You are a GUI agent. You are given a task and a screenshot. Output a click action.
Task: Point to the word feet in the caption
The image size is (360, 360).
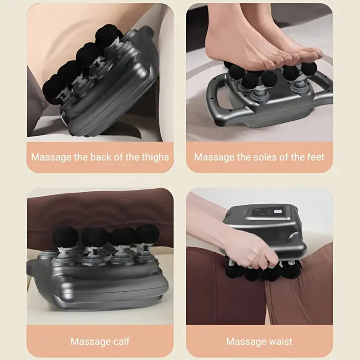click(x=315, y=157)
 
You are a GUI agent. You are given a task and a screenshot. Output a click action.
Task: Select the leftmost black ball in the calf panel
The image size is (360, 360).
click(x=65, y=238)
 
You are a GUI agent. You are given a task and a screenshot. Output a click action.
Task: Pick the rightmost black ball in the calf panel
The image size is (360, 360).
click(x=147, y=234)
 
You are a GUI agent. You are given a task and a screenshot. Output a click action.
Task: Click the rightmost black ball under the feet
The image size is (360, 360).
click(x=309, y=68)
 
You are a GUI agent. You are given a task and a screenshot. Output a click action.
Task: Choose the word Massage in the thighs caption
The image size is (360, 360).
click(x=47, y=157)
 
